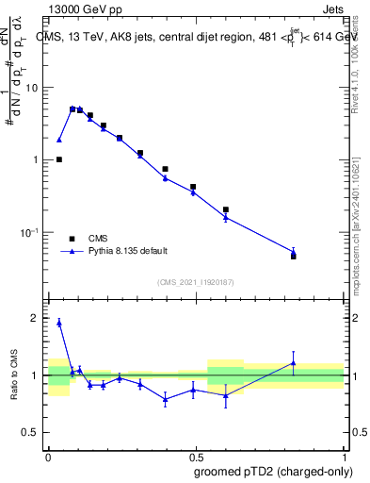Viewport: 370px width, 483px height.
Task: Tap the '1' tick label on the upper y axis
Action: coord(37,159)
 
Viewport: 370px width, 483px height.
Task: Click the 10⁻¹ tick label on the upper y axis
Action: coord(31,232)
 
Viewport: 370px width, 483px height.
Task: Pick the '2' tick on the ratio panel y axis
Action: coord(37,319)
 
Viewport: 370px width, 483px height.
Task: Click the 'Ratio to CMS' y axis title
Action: coord(13,375)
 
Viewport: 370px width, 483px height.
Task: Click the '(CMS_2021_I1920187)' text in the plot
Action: coord(195,282)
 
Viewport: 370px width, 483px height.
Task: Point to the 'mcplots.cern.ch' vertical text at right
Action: coord(362,236)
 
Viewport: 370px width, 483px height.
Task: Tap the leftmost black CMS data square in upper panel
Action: coord(59,159)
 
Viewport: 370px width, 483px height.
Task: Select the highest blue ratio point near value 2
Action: coord(59,323)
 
